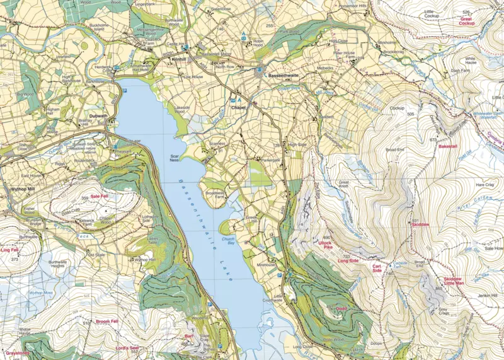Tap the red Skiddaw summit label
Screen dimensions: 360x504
coord(420,224)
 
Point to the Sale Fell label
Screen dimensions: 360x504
coord(101,197)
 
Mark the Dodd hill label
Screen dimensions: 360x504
coord(342,308)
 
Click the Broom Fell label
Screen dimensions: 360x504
coord(107,322)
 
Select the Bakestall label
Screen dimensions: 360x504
coord(448,146)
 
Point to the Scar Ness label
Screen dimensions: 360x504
coord(175,158)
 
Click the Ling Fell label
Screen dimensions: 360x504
coord(11,250)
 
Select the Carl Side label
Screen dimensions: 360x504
coord(377,269)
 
